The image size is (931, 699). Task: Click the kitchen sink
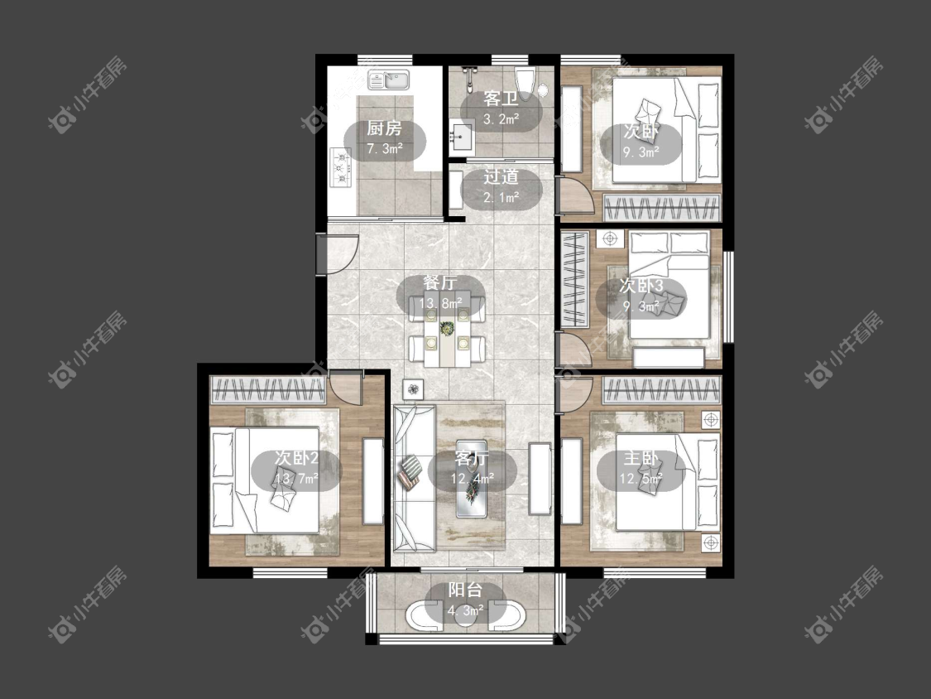pos(389,80)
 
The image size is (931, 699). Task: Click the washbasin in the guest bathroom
pos(461,136)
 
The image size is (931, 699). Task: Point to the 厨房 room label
pos(384,128)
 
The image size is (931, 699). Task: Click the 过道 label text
pos(501,176)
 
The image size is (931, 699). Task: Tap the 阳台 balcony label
pos(465,590)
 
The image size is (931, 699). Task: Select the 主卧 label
pos(641,458)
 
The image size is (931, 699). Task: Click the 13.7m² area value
pos(296,478)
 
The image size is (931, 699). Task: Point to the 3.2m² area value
pos(501,119)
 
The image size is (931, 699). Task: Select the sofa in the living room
pos(415,477)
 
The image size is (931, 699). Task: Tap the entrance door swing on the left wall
pos(338,254)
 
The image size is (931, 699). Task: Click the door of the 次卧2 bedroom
pos(346,388)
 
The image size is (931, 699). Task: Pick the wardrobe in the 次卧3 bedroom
pos(575,280)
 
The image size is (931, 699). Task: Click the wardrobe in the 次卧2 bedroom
pos(268,389)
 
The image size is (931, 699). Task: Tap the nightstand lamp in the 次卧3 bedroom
pos(610,239)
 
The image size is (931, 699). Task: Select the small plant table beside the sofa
pos(413,390)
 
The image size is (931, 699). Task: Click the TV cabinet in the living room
pos(540,479)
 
